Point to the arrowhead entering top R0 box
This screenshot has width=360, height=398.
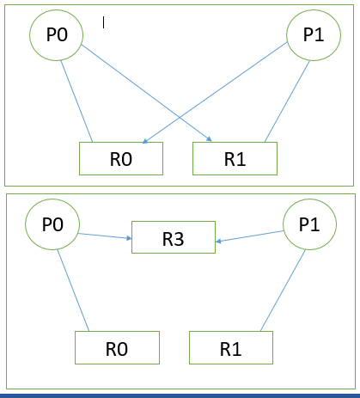[144, 141]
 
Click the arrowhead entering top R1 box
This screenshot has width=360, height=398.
[210, 139]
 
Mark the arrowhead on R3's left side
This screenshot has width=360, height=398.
[129, 238]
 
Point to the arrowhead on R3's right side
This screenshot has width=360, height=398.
[218, 242]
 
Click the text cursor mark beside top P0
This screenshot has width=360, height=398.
[103, 22]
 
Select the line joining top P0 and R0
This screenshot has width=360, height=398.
[76, 101]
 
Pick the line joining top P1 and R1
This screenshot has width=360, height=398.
[287, 101]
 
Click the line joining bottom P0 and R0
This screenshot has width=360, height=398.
[73, 291]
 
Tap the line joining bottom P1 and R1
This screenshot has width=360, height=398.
[283, 291]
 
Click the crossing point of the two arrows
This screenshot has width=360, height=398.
[180, 117]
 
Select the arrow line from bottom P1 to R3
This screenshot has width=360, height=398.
[250, 236]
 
